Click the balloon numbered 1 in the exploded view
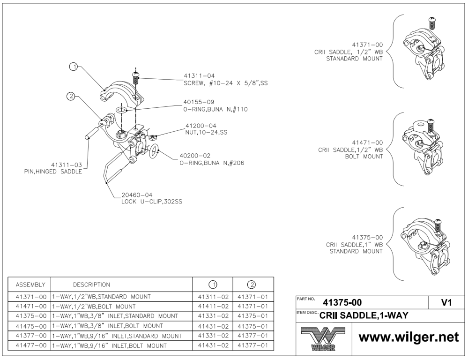pos(73,67)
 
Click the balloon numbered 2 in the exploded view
pos(71,97)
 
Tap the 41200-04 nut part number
pos(201,126)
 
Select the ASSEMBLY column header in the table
pos(30,285)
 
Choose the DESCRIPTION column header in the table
pos(91,285)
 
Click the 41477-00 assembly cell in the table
pos(30,346)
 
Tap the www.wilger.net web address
pos(409,337)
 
